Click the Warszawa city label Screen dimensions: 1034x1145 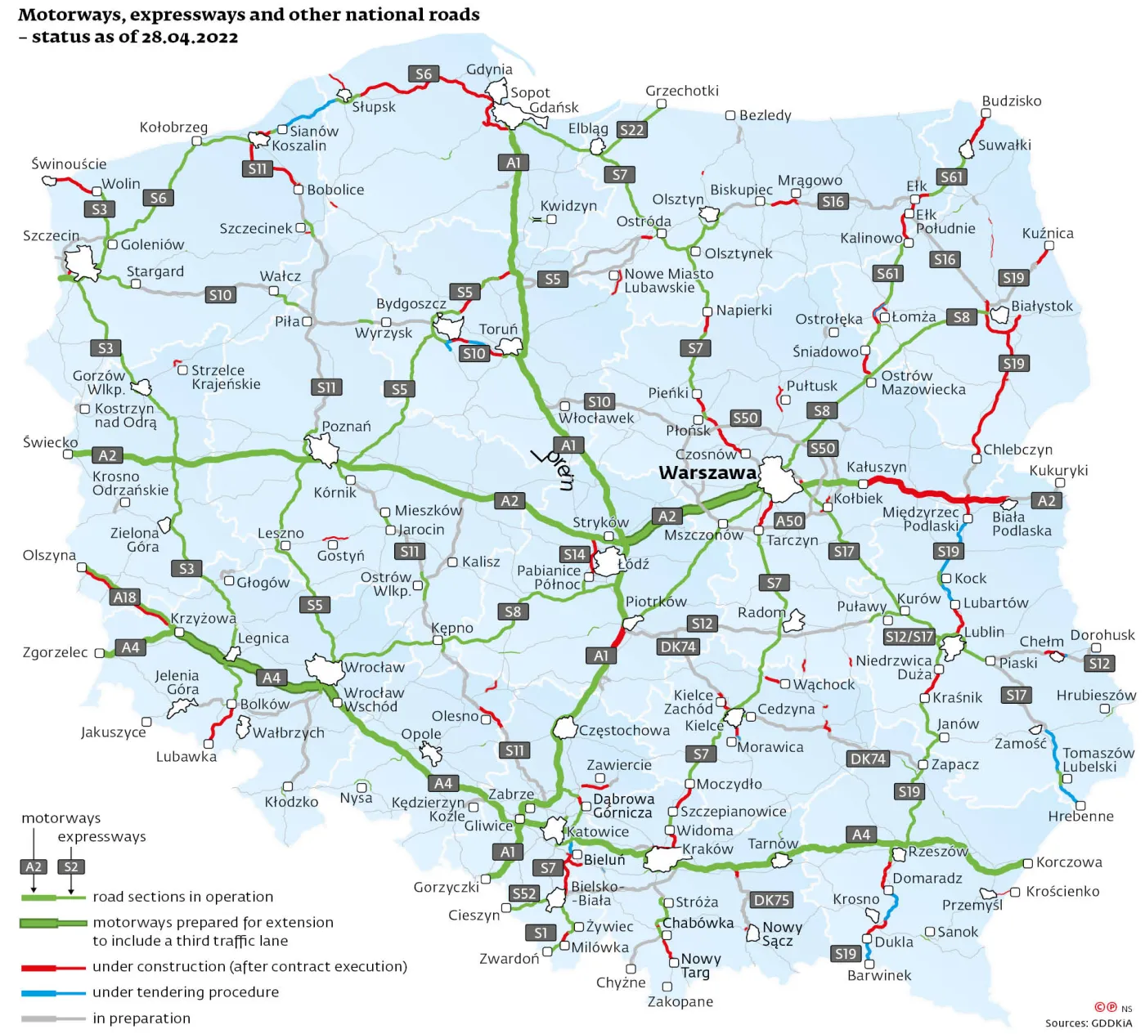point(707,472)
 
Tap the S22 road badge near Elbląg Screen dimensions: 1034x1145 point(631,130)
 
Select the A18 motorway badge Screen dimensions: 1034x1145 point(124,598)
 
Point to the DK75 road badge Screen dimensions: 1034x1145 point(771,900)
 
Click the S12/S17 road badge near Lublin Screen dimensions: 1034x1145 point(909,636)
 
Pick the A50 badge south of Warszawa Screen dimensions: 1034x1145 point(788,521)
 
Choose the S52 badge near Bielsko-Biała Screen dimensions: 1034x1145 point(524,893)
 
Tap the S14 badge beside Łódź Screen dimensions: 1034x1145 point(574,554)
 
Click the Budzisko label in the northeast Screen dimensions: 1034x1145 point(1012,101)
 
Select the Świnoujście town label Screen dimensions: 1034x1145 point(69,164)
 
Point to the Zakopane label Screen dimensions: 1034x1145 point(680,1001)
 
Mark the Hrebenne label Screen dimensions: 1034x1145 point(1080,816)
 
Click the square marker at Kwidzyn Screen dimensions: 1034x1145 point(551,219)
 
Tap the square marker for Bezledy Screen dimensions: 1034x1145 point(730,115)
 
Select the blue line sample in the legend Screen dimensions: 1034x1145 point(53,992)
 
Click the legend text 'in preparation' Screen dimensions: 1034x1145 point(141,1018)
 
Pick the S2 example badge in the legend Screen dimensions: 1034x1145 point(71,866)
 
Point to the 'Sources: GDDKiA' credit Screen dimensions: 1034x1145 point(1088,1023)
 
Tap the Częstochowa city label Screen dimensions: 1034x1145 point(624,730)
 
